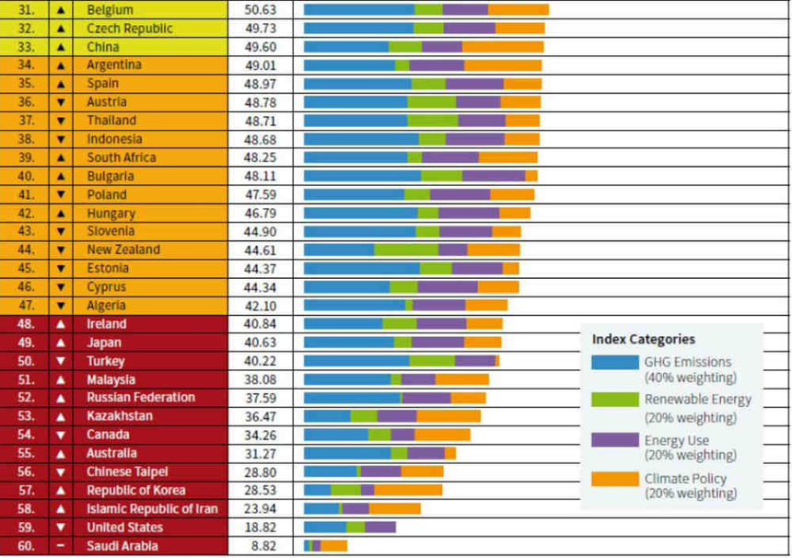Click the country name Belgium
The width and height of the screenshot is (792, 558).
[x=110, y=10]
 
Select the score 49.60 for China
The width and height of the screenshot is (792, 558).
[x=255, y=47]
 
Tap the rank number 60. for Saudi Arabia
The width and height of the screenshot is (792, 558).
[x=26, y=546]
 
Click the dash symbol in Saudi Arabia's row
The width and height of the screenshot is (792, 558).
[x=60, y=546]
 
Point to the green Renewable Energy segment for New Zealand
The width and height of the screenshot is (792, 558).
[x=406, y=250]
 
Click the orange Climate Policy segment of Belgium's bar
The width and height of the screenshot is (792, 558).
[x=518, y=10]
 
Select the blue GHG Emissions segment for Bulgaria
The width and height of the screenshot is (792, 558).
[x=362, y=176]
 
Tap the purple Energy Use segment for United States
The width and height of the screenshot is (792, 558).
[x=380, y=528]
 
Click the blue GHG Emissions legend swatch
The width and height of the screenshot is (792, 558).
[x=614, y=363]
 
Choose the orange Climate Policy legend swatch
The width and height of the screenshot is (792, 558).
[x=614, y=479]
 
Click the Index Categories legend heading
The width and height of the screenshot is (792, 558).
[x=643, y=339]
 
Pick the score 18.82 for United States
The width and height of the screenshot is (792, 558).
[x=255, y=528]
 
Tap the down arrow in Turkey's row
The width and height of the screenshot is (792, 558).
[x=60, y=361]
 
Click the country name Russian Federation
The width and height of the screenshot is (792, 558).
[x=141, y=398]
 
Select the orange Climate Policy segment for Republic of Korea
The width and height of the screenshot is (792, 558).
[x=408, y=491]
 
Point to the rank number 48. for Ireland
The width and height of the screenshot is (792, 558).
[x=26, y=324]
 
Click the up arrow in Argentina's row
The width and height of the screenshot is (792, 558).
[x=60, y=65]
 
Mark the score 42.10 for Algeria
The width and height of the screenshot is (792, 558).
[x=255, y=306]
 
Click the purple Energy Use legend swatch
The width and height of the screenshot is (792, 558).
[x=614, y=441]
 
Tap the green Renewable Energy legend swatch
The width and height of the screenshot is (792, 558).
[x=614, y=400]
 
